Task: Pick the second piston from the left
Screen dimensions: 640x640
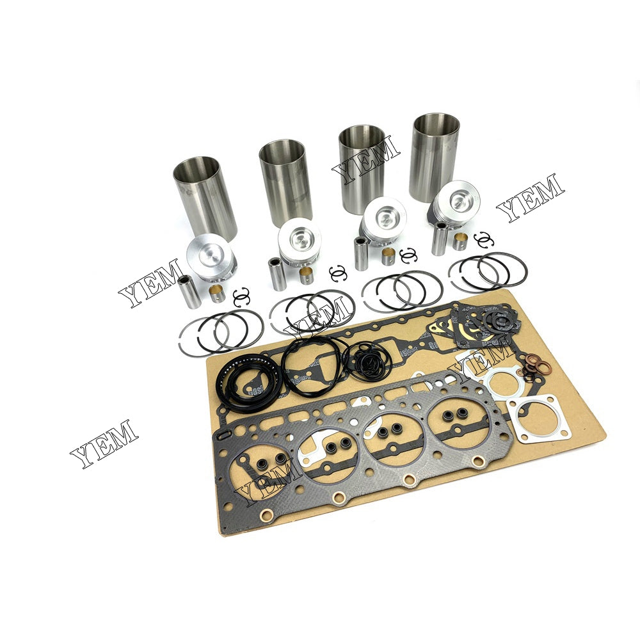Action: [x=300, y=241]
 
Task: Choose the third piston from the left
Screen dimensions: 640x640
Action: [x=383, y=221]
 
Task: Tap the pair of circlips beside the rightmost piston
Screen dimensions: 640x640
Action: [x=484, y=239]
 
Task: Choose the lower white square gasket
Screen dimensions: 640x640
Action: [x=543, y=420]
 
